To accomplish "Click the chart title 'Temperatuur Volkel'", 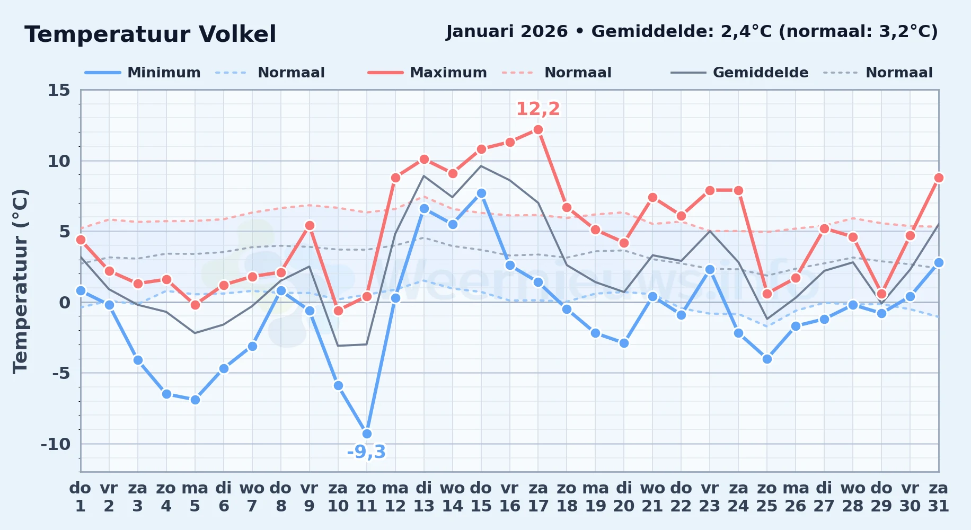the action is [151, 34].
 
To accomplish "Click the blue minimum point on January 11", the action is [367, 434].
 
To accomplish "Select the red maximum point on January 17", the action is [538, 129].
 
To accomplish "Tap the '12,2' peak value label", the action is [538, 109].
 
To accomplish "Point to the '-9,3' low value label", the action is [366, 452].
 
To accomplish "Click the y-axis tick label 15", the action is [59, 90].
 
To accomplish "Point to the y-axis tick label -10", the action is [55, 444].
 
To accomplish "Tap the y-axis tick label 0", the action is [65, 302].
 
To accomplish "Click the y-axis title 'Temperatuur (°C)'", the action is [20, 281].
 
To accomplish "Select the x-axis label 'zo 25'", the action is [767, 497].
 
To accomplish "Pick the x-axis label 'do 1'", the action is [81, 497].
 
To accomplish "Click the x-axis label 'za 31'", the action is [939, 497].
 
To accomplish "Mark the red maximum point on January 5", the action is [195, 305].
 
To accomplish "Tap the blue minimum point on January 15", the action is [481, 193].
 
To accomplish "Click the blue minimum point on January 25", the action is [767, 359].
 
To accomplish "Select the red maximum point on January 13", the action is [424, 159].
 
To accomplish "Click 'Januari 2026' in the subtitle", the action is [507, 32].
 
